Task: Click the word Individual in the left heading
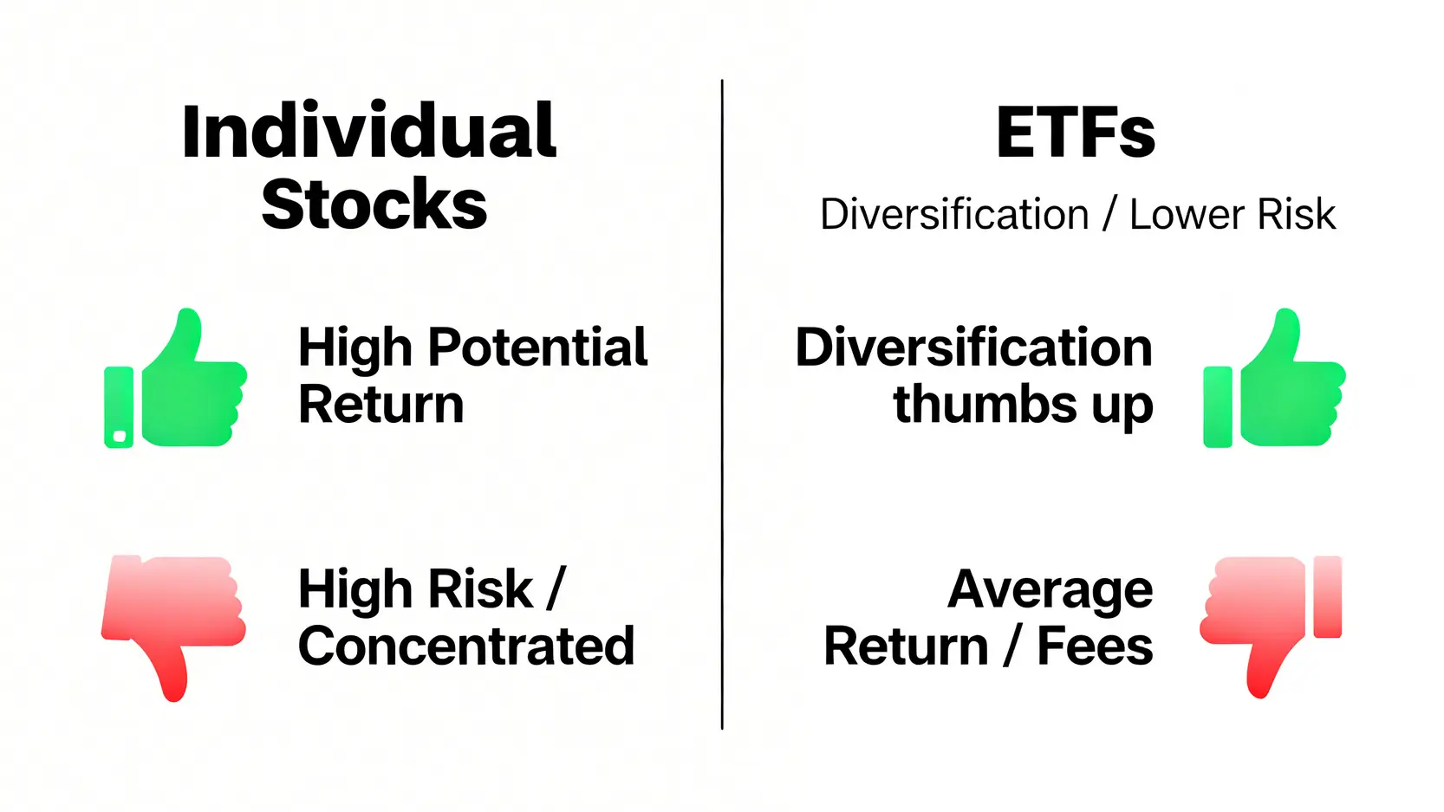368,130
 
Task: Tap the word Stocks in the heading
374,204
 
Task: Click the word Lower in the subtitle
1187,214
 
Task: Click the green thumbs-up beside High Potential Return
175,379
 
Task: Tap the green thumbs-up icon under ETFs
1274,379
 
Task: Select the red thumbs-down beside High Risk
172,627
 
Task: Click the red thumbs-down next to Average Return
1271,627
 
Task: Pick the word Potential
537,348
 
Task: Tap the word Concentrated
466,646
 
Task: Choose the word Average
1050,589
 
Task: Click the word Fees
1095,646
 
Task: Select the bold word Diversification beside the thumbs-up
973,348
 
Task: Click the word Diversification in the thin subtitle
954,214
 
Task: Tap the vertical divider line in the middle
722,405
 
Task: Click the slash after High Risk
555,588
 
